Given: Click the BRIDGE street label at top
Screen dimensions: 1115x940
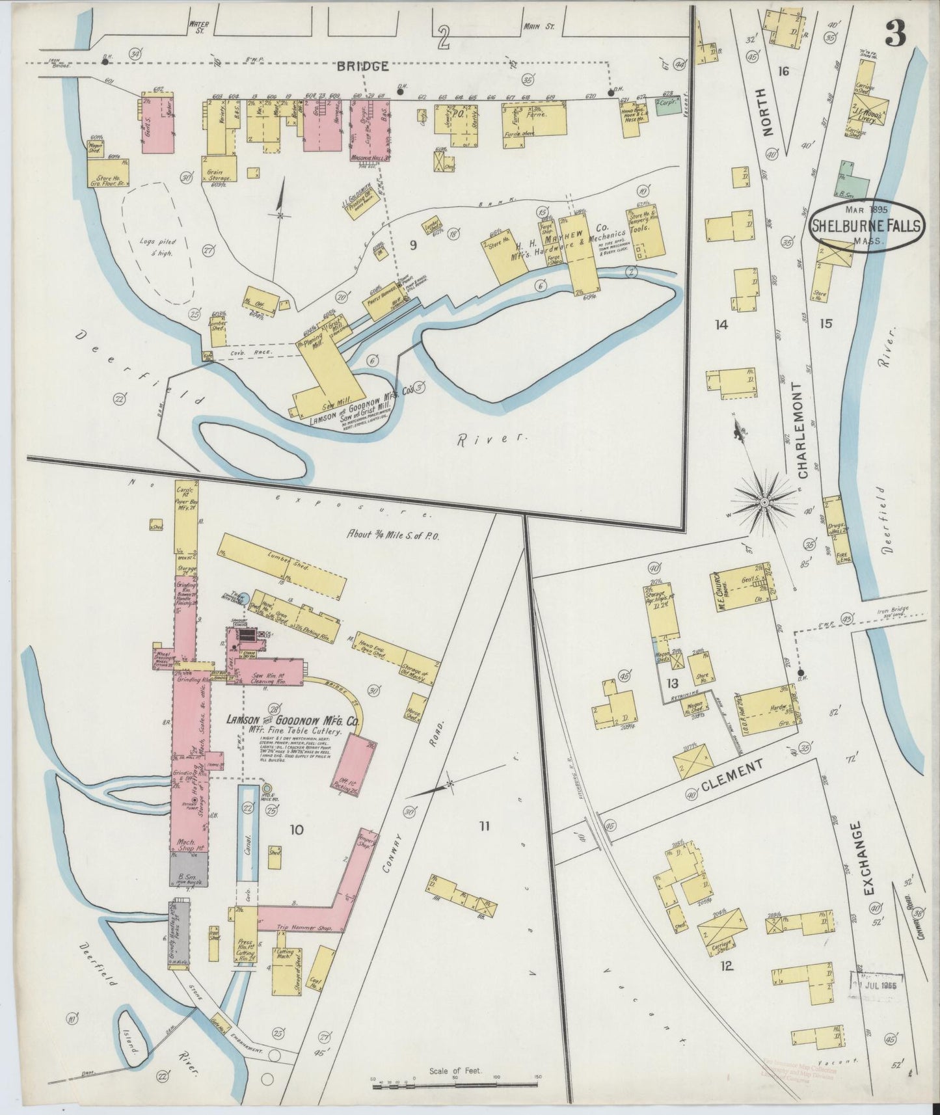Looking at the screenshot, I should tap(363, 66).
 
